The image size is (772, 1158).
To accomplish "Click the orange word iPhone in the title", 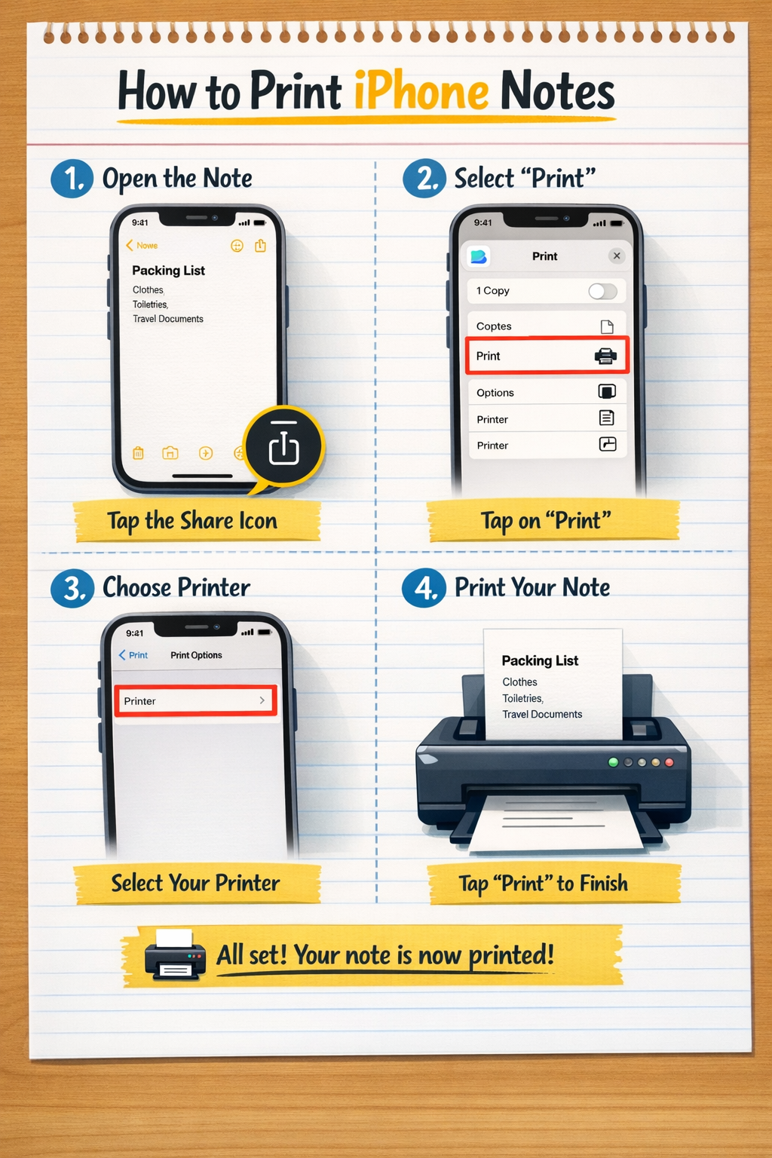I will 421,92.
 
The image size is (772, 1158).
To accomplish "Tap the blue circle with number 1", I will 72,179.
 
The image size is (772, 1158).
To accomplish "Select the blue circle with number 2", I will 424,179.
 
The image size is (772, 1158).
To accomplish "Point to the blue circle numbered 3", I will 72,588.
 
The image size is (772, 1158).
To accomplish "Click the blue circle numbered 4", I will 424,588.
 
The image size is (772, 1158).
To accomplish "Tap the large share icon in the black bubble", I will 283,448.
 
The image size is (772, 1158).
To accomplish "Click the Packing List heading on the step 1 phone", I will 168,271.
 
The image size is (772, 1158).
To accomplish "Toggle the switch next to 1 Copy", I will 602,291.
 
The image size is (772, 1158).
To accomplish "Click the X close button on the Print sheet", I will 617,256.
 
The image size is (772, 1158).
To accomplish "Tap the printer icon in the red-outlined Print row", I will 605,356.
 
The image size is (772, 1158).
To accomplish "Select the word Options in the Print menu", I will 495,393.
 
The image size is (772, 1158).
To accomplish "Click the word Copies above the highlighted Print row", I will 494,326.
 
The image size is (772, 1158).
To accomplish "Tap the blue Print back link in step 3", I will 133,655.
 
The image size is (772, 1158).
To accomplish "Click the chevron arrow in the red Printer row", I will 262,700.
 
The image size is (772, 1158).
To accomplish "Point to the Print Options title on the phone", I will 196,655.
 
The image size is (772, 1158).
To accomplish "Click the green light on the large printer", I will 613,762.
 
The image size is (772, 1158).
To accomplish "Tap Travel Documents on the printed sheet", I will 542,714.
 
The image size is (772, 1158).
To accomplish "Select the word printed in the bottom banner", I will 510,956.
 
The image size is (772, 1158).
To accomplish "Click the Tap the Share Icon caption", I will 192,521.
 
